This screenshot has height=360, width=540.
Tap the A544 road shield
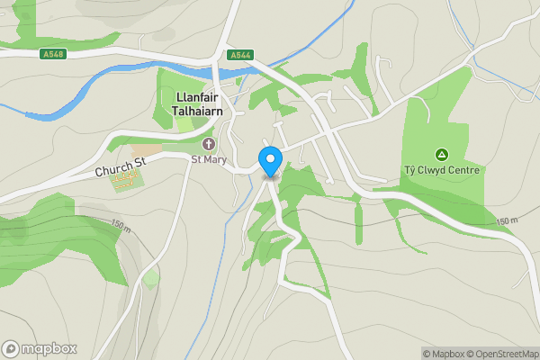pos(239,55)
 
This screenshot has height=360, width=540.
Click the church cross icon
pos(209,144)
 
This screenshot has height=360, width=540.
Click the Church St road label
pos(121,164)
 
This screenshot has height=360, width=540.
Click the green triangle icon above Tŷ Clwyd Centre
pos(441,154)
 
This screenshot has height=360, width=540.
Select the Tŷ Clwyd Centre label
pos(441,170)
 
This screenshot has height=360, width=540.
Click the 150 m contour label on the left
pos(120,222)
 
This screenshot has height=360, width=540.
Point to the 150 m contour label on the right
pos(507,220)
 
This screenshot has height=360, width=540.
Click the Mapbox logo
pos(40,348)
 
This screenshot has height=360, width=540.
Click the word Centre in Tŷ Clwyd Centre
pos(463,170)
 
